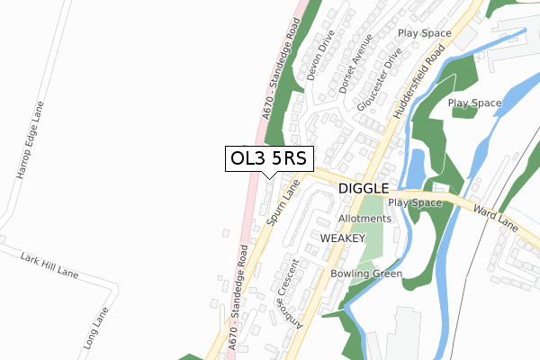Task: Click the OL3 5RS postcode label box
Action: coord(269,158)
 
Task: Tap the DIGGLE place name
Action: coord(364,189)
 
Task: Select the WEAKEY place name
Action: coord(342,238)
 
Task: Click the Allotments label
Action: coord(364,219)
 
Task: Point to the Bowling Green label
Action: coord(365,274)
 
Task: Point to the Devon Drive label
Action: coord(320,57)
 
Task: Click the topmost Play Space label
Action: coord(425,32)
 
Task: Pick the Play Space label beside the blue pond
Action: coord(474,103)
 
